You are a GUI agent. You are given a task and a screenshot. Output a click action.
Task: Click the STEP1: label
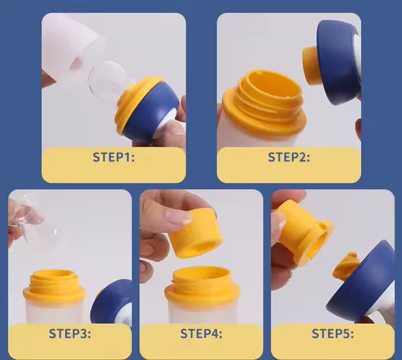pos(113,157)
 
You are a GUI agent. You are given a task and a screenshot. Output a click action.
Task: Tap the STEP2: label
pos(289,157)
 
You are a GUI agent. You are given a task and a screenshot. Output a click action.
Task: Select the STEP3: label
pos(70,334)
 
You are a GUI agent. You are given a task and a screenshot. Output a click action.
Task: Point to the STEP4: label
pos(201,334)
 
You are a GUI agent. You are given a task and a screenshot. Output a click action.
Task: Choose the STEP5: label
pos(333,334)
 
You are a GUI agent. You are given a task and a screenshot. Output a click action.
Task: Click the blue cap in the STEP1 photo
pos(151,110)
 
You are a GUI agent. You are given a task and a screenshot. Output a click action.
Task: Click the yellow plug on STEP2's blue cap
pos(310,65)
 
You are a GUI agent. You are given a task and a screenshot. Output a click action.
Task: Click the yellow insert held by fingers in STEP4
pos(195,233)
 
